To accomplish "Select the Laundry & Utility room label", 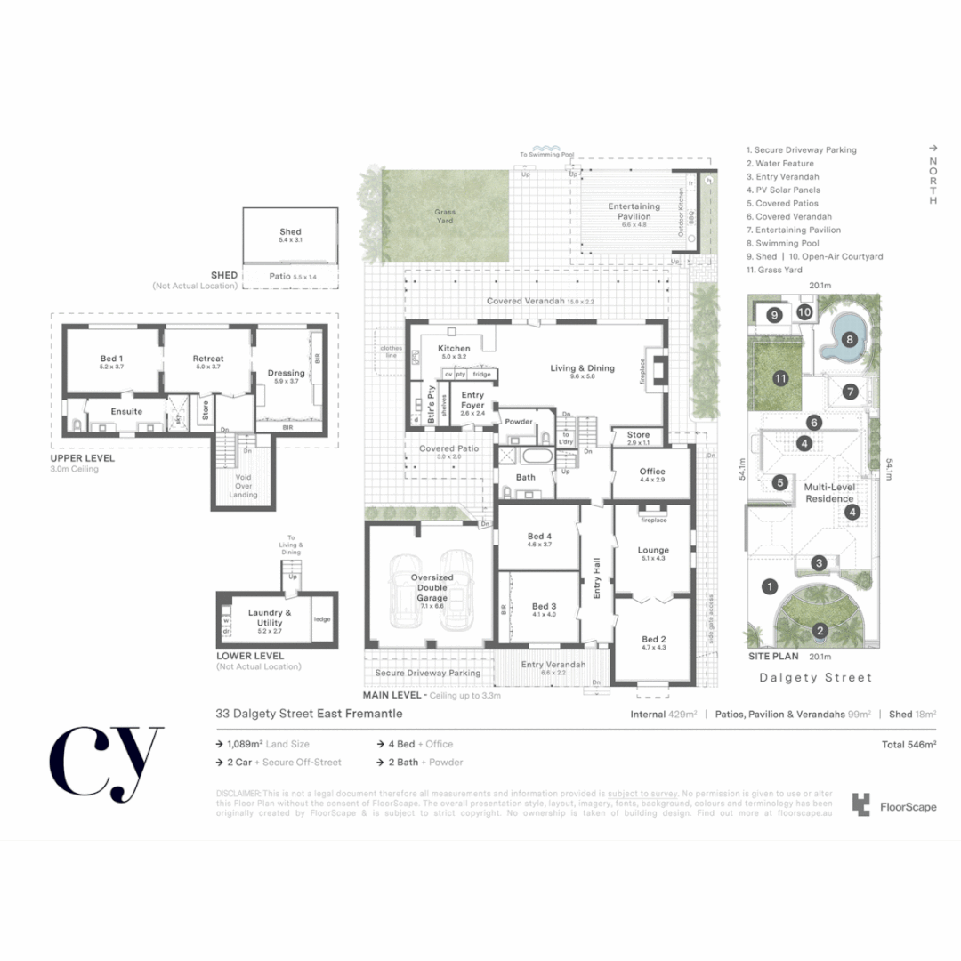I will [x=270, y=618].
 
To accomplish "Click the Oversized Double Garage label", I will [x=432, y=588].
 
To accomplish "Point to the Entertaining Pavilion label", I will [x=634, y=211].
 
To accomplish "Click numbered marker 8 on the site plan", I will [x=850, y=339].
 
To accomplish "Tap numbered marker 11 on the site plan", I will [x=780, y=378].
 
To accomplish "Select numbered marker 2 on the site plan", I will [x=820, y=632].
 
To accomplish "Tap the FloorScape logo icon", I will [x=860, y=805].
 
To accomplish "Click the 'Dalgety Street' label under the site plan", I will [x=816, y=677].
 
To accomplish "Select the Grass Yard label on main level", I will [x=445, y=216].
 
